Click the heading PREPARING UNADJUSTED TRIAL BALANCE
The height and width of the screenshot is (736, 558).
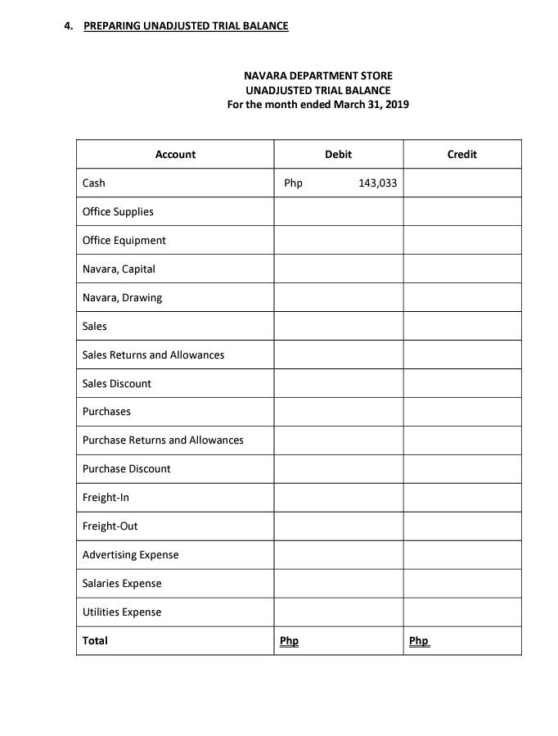(x=186, y=25)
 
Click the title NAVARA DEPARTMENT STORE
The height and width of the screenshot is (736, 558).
(x=317, y=75)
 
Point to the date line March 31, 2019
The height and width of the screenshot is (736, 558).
(x=317, y=104)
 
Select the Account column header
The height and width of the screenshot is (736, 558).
(x=175, y=154)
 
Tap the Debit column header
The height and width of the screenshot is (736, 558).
(x=338, y=154)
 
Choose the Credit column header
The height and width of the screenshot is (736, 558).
(x=461, y=154)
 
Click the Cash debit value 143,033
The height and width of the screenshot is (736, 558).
(x=377, y=183)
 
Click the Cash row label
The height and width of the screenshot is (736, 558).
(x=94, y=183)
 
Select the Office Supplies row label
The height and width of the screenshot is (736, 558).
(x=118, y=211)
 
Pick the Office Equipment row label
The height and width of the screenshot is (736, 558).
(x=124, y=240)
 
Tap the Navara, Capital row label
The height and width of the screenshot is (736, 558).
(x=119, y=269)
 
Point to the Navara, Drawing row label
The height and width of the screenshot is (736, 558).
(x=122, y=297)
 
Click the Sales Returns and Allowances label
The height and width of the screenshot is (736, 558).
(x=153, y=354)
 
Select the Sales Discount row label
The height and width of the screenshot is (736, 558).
(x=116, y=383)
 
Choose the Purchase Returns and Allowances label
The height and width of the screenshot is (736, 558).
(x=163, y=440)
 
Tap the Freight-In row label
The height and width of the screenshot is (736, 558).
(x=106, y=497)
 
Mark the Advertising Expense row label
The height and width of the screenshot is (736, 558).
(x=130, y=554)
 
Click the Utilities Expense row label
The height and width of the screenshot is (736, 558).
(x=122, y=612)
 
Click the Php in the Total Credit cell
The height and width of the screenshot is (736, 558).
(x=418, y=640)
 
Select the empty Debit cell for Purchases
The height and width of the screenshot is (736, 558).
(x=338, y=411)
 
